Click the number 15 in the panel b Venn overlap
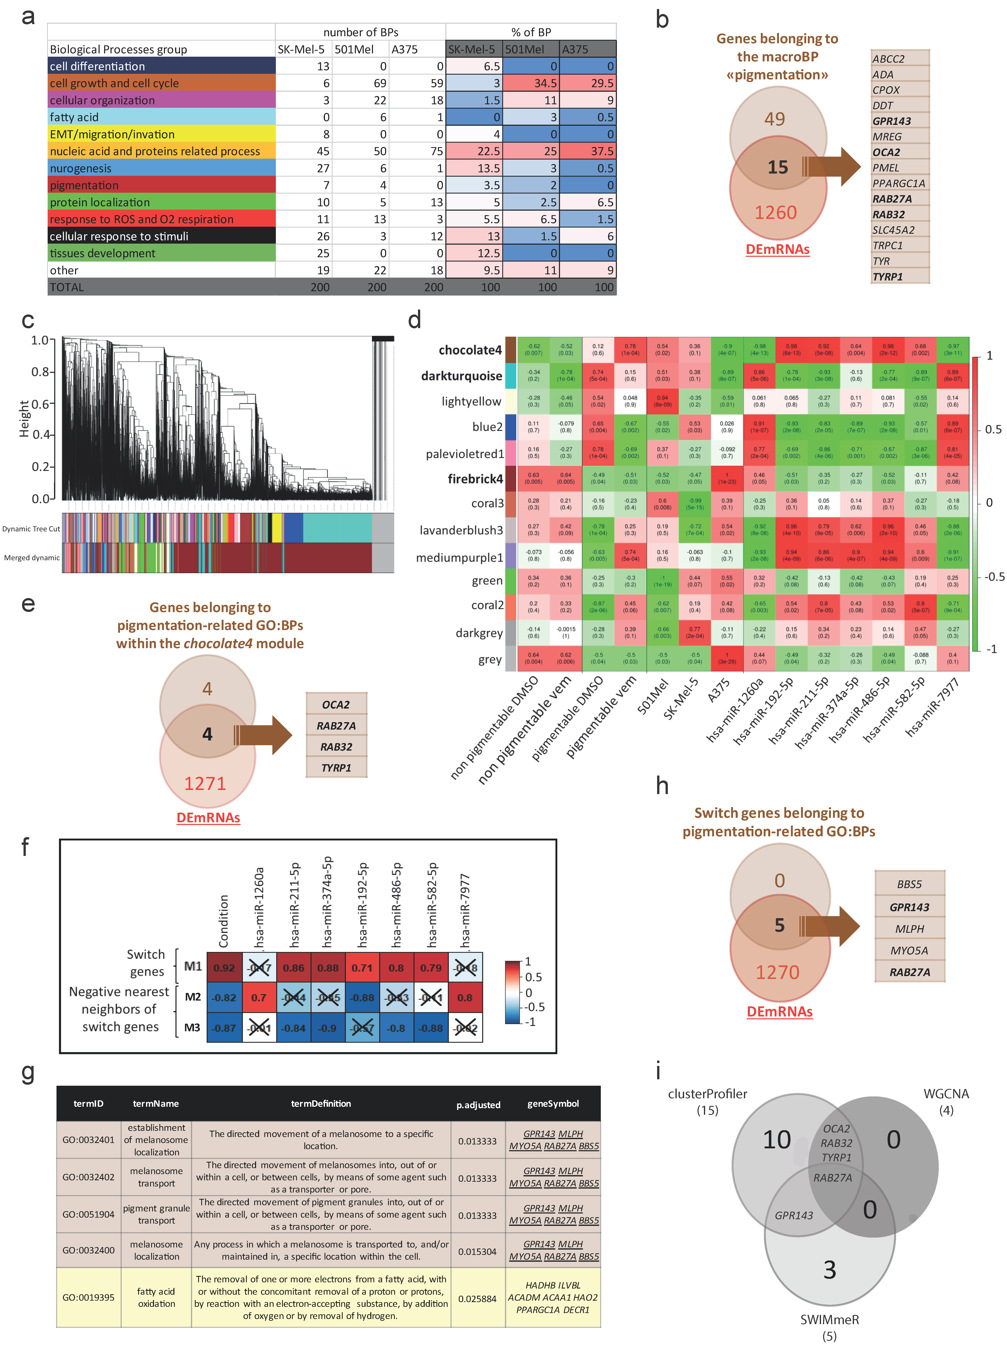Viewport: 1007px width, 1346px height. tap(778, 167)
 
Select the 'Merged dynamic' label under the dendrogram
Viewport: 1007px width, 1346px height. tap(32, 557)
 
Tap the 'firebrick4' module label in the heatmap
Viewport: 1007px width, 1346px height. tap(475, 479)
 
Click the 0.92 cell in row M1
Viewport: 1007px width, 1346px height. tap(224, 968)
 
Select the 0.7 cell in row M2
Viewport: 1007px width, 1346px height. tap(259, 997)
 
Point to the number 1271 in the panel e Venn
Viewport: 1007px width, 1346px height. tap(205, 783)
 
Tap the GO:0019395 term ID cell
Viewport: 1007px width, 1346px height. tap(88, 1297)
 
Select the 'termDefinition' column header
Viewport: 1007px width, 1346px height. tap(321, 1103)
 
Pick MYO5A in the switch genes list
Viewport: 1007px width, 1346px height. tap(909, 951)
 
